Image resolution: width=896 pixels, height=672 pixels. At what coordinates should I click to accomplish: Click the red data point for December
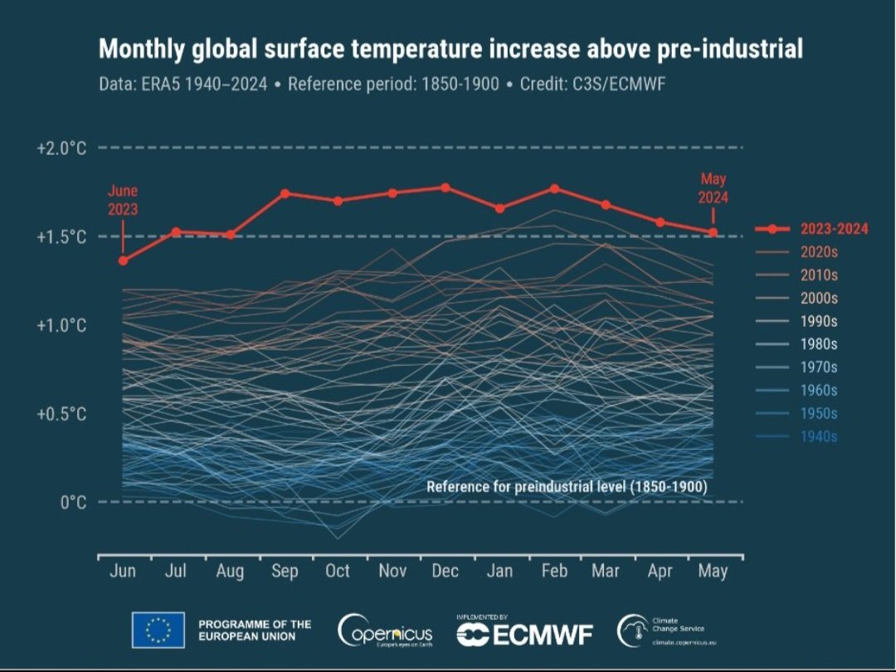pyautogui.click(x=446, y=187)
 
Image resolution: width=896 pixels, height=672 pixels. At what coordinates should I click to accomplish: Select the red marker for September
pyautogui.click(x=285, y=193)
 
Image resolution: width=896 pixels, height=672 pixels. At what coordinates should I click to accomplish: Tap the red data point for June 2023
pyautogui.click(x=123, y=261)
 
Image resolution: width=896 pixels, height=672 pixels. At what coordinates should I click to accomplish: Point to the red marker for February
pyautogui.click(x=554, y=188)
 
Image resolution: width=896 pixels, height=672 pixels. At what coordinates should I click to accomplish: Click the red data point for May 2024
pyautogui.click(x=713, y=232)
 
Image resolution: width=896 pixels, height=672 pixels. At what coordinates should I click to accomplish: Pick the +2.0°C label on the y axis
pyautogui.click(x=61, y=149)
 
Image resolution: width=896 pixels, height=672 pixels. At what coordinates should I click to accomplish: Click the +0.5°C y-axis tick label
pyautogui.click(x=61, y=414)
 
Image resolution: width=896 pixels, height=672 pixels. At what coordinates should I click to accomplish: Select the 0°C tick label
pyautogui.click(x=73, y=503)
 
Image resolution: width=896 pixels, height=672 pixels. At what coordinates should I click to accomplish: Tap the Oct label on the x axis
pyautogui.click(x=338, y=572)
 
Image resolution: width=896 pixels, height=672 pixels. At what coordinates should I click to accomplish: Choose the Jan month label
pyautogui.click(x=499, y=572)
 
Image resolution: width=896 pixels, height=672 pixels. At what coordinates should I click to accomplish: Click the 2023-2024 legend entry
pyautogui.click(x=834, y=229)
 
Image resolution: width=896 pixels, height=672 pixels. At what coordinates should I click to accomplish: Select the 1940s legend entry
pyautogui.click(x=819, y=437)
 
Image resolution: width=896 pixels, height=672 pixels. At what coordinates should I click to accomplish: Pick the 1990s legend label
pyautogui.click(x=819, y=321)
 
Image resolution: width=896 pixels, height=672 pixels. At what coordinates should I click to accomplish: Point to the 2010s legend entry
pyautogui.click(x=819, y=275)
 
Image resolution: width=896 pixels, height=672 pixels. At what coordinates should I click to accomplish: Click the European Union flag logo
pyautogui.click(x=158, y=631)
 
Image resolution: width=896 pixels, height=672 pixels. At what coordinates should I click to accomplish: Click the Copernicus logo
pyautogui.click(x=386, y=632)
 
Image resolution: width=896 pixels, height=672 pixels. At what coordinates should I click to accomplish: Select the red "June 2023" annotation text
pyautogui.click(x=123, y=200)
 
